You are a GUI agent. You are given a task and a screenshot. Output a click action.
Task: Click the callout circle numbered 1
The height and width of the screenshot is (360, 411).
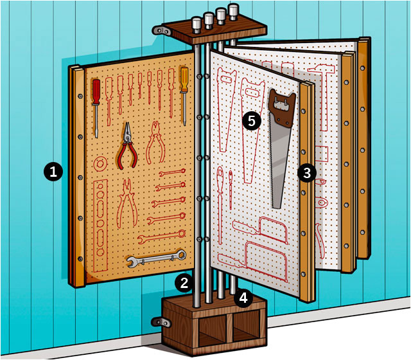[53, 172]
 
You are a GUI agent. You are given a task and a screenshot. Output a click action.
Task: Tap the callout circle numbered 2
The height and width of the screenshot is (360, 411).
[184, 283]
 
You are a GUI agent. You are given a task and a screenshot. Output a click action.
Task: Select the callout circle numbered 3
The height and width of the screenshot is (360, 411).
[307, 173]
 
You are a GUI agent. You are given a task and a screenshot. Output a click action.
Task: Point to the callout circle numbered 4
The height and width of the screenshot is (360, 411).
[243, 298]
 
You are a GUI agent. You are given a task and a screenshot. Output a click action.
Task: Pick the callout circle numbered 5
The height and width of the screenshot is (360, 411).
[251, 122]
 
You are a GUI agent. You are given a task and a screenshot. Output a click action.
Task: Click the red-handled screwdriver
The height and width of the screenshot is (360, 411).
[96, 108]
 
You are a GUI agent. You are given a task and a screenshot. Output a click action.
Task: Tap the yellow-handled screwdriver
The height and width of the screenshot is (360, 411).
[184, 96]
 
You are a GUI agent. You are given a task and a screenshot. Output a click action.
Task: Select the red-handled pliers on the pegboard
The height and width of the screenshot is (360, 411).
[127, 146]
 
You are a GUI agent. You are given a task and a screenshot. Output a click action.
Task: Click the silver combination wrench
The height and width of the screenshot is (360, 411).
[157, 258]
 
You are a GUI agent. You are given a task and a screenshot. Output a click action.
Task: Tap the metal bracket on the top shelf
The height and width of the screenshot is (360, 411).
[161, 31]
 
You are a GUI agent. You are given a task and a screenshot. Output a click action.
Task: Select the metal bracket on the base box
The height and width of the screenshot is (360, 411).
[161, 322]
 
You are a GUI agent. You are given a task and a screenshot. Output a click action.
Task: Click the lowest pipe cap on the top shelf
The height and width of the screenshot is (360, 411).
[197, 24]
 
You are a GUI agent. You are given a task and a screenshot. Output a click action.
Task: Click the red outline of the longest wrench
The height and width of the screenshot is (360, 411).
[162, 237]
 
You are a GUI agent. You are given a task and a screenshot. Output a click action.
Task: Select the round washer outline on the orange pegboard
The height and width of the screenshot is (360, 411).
[100, 164]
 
